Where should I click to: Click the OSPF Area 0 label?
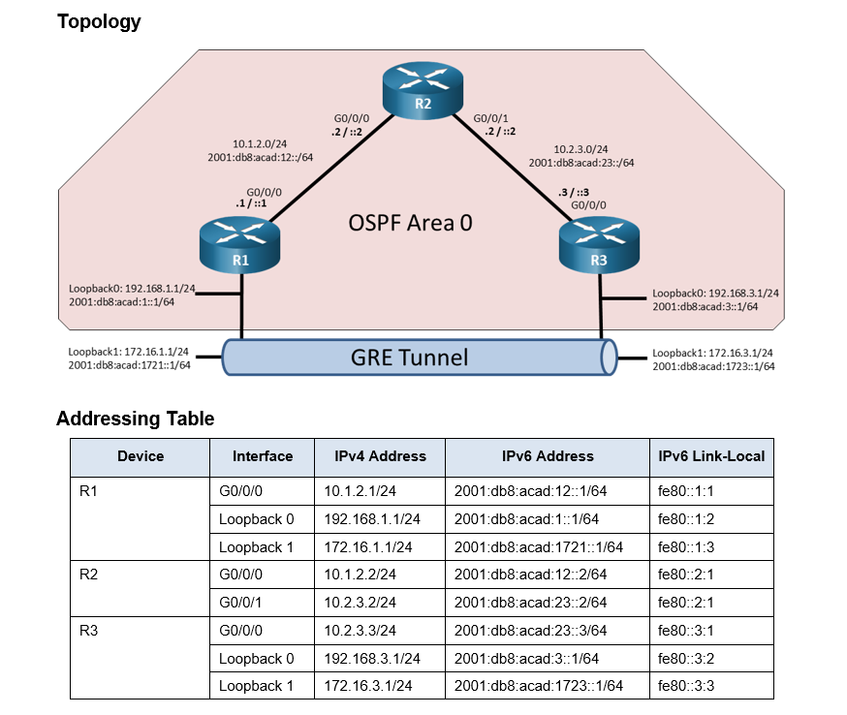(x=411, y=223)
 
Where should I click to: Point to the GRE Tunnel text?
(x=408, y=357)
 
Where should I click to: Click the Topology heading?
(x=99, y=21)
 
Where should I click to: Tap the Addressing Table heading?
(x=135, y=419)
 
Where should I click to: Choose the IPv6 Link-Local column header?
(x=710, y=456)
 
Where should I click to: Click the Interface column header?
(x=262, y=456)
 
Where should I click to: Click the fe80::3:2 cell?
(x=686, y=658)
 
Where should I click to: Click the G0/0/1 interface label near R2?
(x=491, y=118)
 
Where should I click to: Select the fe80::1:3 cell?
(x=686, y=546)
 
